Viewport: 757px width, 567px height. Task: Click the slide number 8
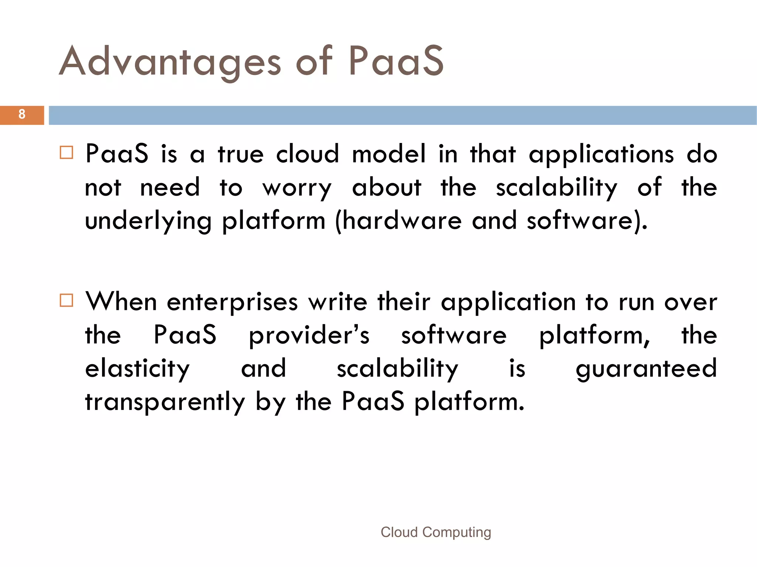(x=22, y=115)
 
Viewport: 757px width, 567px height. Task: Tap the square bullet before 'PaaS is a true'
(x=67, y=153)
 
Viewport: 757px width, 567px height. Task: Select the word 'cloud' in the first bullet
(x=308, y=154)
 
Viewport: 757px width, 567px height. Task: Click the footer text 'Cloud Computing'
(x=436, y=532)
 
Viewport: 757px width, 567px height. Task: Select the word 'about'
(x=387, y=187)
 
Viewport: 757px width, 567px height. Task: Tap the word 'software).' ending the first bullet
(x=587, y=221)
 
